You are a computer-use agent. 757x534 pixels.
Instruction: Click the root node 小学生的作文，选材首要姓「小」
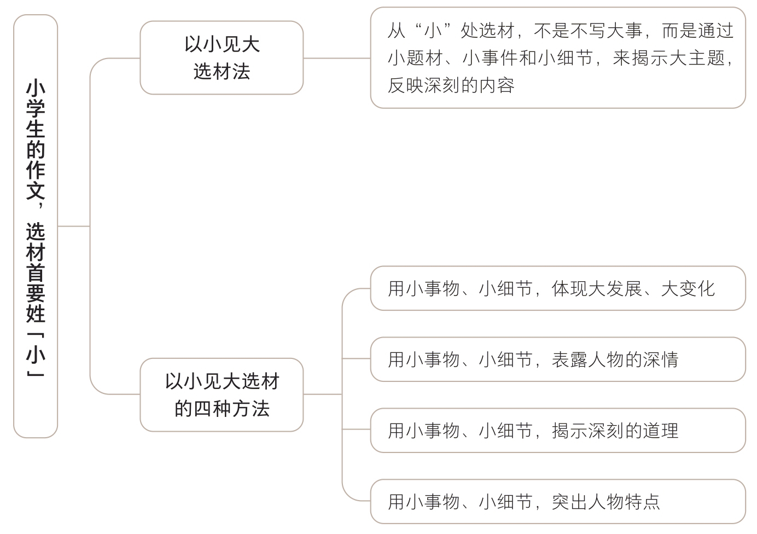coord(36,226)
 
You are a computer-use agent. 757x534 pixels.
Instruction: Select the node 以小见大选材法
coord(222,58)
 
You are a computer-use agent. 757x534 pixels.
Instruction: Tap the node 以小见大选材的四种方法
coord(222,394)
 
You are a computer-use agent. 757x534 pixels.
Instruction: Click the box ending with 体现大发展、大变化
coord(558,288)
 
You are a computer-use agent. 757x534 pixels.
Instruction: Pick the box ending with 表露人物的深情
coord(558,359)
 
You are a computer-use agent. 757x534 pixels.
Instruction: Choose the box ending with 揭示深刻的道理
coord(558,431)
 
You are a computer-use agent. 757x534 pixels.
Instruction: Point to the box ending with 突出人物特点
coord(558,502)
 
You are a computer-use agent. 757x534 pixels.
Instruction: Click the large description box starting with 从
coord(558,58)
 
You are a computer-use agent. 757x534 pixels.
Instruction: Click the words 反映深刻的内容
coord(451,85)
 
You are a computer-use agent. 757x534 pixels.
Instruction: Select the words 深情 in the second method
coord(661,359)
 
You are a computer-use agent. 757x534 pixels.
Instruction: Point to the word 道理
coord(661,431)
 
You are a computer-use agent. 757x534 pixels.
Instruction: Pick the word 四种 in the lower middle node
coord(212,409)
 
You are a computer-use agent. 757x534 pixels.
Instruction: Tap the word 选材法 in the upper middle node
coord(222,72)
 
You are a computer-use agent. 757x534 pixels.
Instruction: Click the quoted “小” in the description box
coord(433,31)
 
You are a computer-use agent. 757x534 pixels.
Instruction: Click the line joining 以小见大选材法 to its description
coord(336,58)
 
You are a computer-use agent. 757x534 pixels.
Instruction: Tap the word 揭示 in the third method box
coord(570,431)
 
